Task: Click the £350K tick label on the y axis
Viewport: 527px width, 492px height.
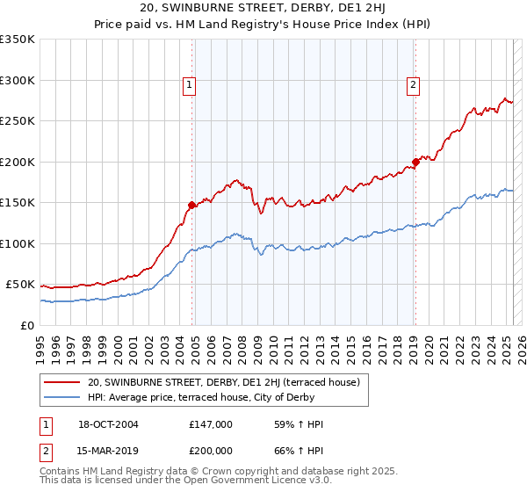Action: coord(18,40)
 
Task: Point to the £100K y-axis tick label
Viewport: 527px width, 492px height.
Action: coord(18,243)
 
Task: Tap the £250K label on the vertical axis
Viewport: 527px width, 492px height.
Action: coord(18,121)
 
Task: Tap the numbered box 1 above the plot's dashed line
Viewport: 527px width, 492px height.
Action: coord(189,85)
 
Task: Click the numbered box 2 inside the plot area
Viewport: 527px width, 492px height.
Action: coord(412,85)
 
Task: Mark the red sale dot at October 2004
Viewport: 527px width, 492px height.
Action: coord(191,206)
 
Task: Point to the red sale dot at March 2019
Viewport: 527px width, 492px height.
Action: coord(415,163)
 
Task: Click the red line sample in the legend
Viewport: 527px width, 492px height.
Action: coord(63,382)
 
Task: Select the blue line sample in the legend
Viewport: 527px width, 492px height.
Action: coord(63,397)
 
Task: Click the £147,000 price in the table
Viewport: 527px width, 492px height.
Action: coord(211,424)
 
